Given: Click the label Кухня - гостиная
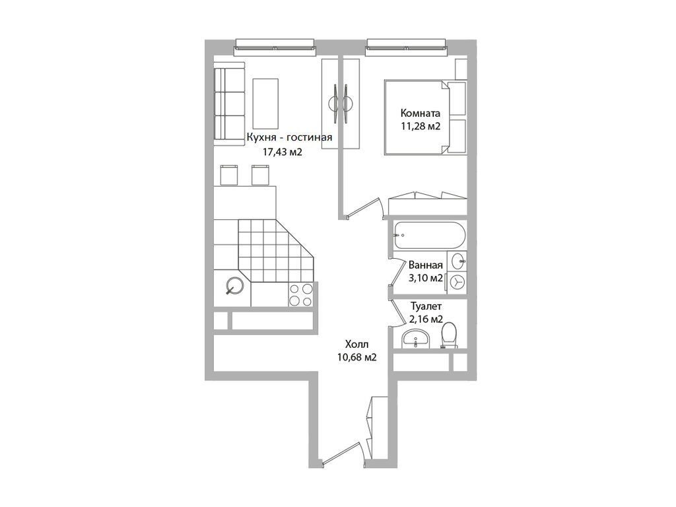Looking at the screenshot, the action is click(x=289, y=137).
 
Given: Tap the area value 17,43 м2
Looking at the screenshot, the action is click(x=283, y=152).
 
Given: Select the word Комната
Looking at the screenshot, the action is click(x=421, y=114).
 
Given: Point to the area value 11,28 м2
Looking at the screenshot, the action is click(x=421, y=127).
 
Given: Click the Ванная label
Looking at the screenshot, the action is click(x=426, y=265).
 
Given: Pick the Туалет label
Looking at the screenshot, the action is click(x=426, y=306).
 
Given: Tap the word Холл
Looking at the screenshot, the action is click(x=357, y=344).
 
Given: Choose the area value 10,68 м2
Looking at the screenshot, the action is click(x=357, y=357).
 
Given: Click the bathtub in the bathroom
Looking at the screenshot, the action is click(x=429, y=236).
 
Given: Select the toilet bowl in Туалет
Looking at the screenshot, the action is click(x=449, y=335).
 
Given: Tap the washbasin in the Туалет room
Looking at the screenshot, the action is click(x=415, y=338).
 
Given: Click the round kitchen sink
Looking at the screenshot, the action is click(x=235, y=285).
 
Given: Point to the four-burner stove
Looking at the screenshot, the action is click(x=301, y=295).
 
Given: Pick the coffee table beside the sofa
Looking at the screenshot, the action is click(x=265, y=104).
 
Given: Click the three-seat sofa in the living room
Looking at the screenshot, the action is click(x=229, y=103).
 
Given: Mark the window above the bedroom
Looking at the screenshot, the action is click(x=406, y=47).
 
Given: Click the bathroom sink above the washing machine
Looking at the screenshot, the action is click(x=457, y=260).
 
